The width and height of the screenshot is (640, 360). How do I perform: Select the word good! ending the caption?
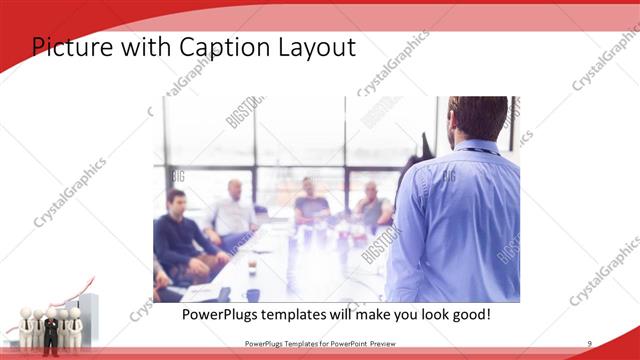pyautogui.click(x=468, y=314)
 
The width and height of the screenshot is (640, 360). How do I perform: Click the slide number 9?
pyautogui.click(x=589, y=344)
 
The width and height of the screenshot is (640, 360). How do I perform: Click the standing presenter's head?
pyautogui.click(x=478, y=117)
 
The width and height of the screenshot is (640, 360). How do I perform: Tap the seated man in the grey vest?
pyautogui.click(x=372, y=207)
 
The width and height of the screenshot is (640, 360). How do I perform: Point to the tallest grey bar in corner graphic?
pyautogui.click(x=88, y=315)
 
